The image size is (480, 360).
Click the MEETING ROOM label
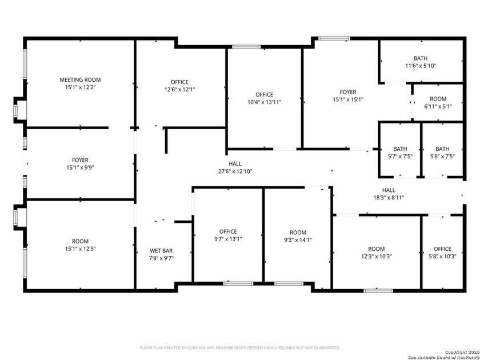(x=80, y=79)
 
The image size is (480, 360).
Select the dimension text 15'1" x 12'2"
(x=80, y=88)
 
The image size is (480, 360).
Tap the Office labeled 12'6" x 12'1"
(x=176, y=86)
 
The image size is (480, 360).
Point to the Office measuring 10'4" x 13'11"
(x=264, y=98)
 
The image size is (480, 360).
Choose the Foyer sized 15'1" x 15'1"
(x=347, y=95)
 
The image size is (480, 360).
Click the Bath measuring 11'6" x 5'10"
(x=421, y=62)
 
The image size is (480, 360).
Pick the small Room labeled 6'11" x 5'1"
(x=438, y=102)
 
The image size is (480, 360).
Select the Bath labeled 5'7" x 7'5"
(x=400, y=152)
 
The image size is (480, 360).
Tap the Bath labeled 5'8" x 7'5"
(x=442, y=152)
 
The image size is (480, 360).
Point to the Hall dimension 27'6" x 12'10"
(x=235, y=171)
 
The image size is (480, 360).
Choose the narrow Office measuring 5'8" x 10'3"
(x=442, y=253)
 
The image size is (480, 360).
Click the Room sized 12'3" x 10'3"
(x=376, y=253)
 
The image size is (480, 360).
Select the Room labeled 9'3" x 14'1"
(x=298, y=236)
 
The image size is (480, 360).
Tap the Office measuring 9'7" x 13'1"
(x=227, y=235)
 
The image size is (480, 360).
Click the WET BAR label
(x=161, y=250)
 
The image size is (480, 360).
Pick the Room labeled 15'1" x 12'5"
(x=80, y=245)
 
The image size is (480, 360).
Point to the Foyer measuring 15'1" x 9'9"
(x=80, y=164)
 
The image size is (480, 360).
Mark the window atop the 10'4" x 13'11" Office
(x=246, y=47)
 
